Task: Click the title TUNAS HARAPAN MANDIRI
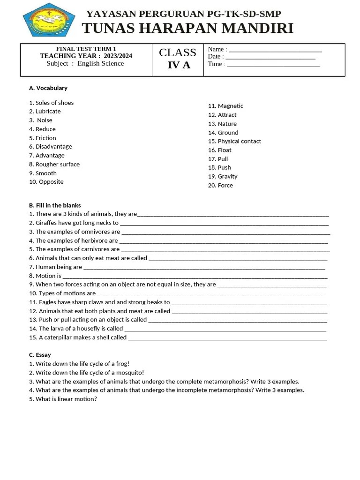pos(187,29)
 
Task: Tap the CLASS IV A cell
pos(178,59)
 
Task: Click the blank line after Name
pos(275,50)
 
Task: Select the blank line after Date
pos(270,58)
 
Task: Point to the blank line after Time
pos(273,65)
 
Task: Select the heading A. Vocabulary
pos(48,88)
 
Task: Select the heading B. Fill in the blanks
pos(55,205)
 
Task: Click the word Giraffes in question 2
pos(47,223)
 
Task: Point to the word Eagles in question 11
pos(48,302)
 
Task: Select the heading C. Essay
pos(40,355)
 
